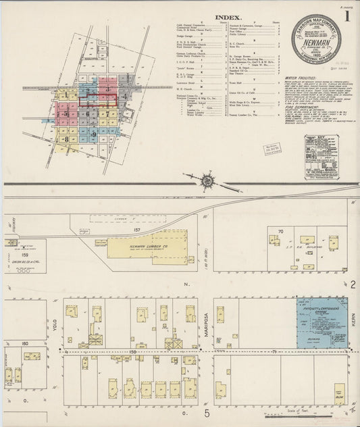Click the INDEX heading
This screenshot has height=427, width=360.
coord(226,18)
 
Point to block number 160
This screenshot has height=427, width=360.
coord(25,343)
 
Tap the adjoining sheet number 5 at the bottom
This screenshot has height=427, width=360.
coord(207,413)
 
